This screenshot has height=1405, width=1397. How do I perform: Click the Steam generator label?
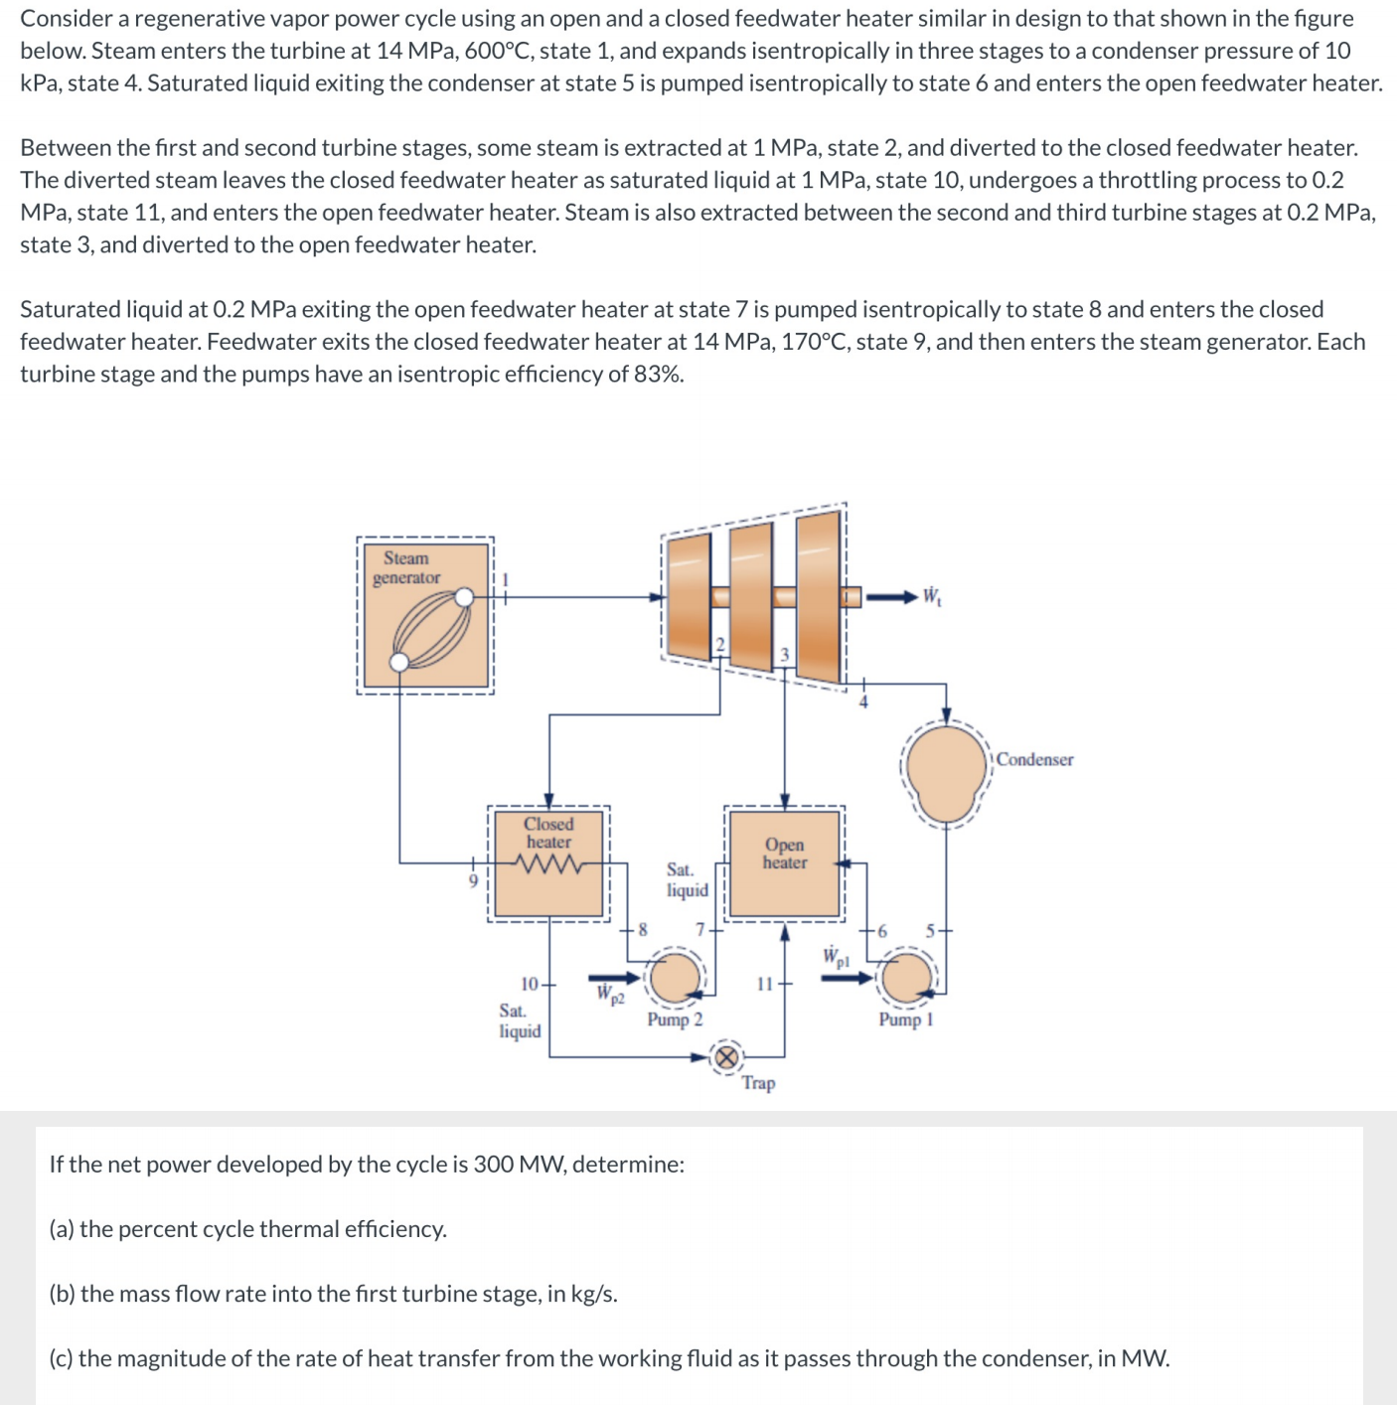406,567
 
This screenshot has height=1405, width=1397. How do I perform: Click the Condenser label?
1034,760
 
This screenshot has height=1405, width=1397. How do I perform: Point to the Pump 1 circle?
905,978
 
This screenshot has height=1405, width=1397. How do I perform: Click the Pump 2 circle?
676,978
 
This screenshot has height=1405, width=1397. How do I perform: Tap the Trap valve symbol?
728,1056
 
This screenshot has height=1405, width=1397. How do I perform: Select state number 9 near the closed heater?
473,880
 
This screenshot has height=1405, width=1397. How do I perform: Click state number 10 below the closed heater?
530,984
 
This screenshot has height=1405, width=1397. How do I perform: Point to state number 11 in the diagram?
764,984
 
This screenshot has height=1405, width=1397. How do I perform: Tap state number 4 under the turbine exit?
863,702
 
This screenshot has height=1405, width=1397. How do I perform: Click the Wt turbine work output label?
932,596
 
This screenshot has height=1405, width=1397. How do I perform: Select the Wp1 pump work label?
836,957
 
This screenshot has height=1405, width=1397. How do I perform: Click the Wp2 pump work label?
610,994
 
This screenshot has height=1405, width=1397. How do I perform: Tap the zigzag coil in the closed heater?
548,864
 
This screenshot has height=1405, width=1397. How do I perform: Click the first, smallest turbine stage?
689,596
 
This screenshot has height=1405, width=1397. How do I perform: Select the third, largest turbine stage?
819,596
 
